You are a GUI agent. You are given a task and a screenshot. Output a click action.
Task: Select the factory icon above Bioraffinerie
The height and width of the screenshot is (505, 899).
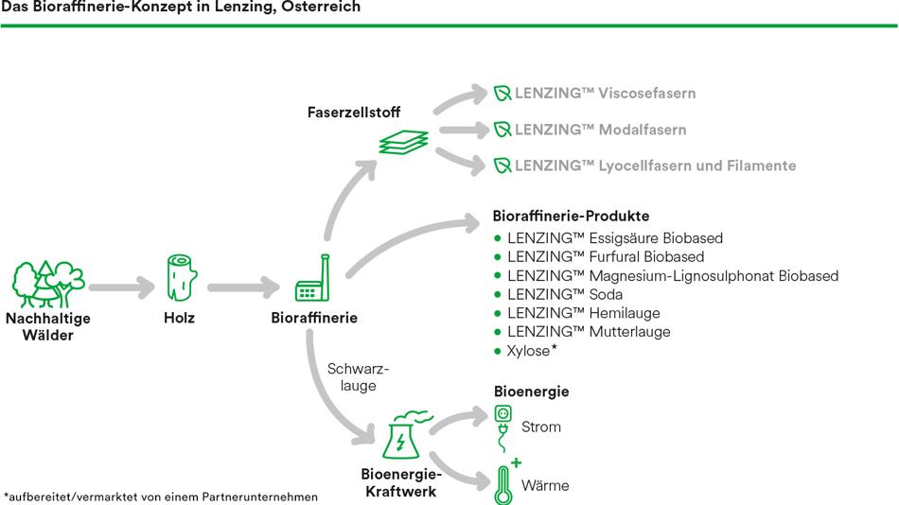click(312, 281)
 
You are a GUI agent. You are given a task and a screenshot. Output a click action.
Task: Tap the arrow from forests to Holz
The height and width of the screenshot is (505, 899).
click(120, 285)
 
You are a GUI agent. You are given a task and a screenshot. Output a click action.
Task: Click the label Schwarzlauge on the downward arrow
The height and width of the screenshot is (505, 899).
click(358, 376)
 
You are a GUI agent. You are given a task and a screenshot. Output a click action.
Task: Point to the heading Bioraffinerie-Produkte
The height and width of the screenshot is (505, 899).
click(571, 217)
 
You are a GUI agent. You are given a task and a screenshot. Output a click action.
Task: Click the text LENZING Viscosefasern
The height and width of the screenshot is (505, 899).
click(605, 94)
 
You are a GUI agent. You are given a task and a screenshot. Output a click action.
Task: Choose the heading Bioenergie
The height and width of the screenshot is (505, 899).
click(531, 392)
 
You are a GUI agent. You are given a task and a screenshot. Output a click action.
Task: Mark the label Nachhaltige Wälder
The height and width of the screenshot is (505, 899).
click(47, 326)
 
